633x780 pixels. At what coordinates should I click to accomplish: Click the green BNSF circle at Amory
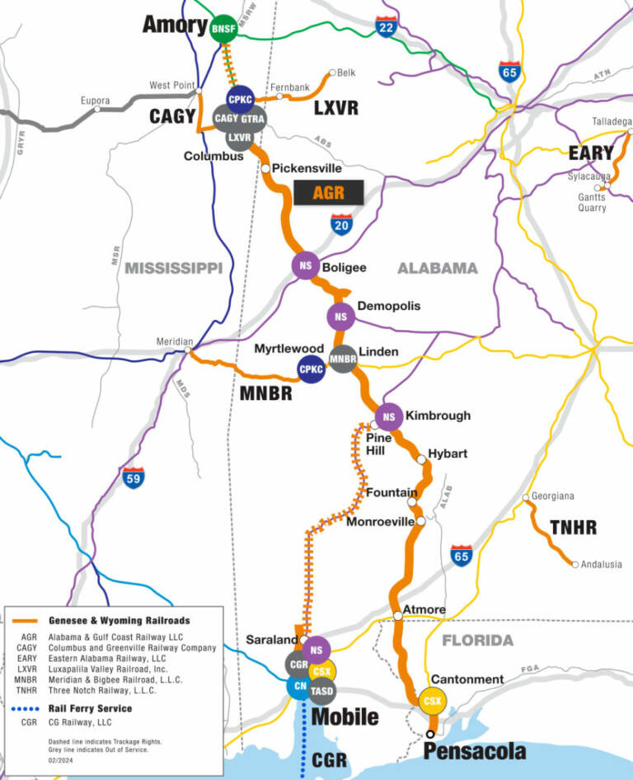(x=223, y=30)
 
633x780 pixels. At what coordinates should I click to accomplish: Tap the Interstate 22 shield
(x=385, y=28)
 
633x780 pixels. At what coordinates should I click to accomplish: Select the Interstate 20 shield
(x=342, y=224)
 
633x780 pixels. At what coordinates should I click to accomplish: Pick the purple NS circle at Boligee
(x=305, y=265)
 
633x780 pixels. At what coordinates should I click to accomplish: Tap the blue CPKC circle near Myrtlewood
(x=312, y=370)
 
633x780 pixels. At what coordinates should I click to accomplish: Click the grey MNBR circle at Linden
(x=342, y=359)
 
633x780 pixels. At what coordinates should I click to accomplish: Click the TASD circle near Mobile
(x=321, y=689)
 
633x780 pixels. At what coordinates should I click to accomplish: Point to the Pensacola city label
(x=474, y=751)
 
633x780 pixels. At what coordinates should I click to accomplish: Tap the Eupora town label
(x=95, y=101)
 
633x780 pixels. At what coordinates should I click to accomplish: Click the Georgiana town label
(x=552, y=496)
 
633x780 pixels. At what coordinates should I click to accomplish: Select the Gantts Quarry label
(x=591, y=202)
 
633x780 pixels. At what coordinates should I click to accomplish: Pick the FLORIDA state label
(x=477, y=641)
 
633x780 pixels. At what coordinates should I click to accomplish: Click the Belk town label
(x=346, y=73)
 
